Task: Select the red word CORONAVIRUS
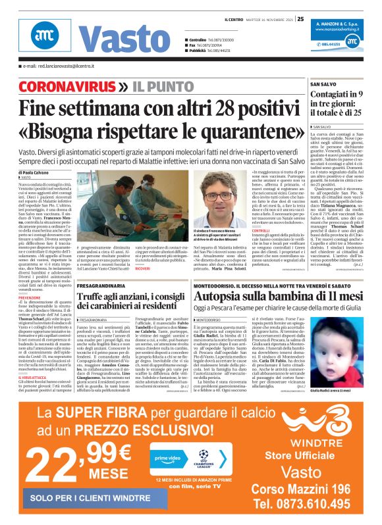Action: [x=67, y=87]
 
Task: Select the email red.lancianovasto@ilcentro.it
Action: [x=57, y=67]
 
